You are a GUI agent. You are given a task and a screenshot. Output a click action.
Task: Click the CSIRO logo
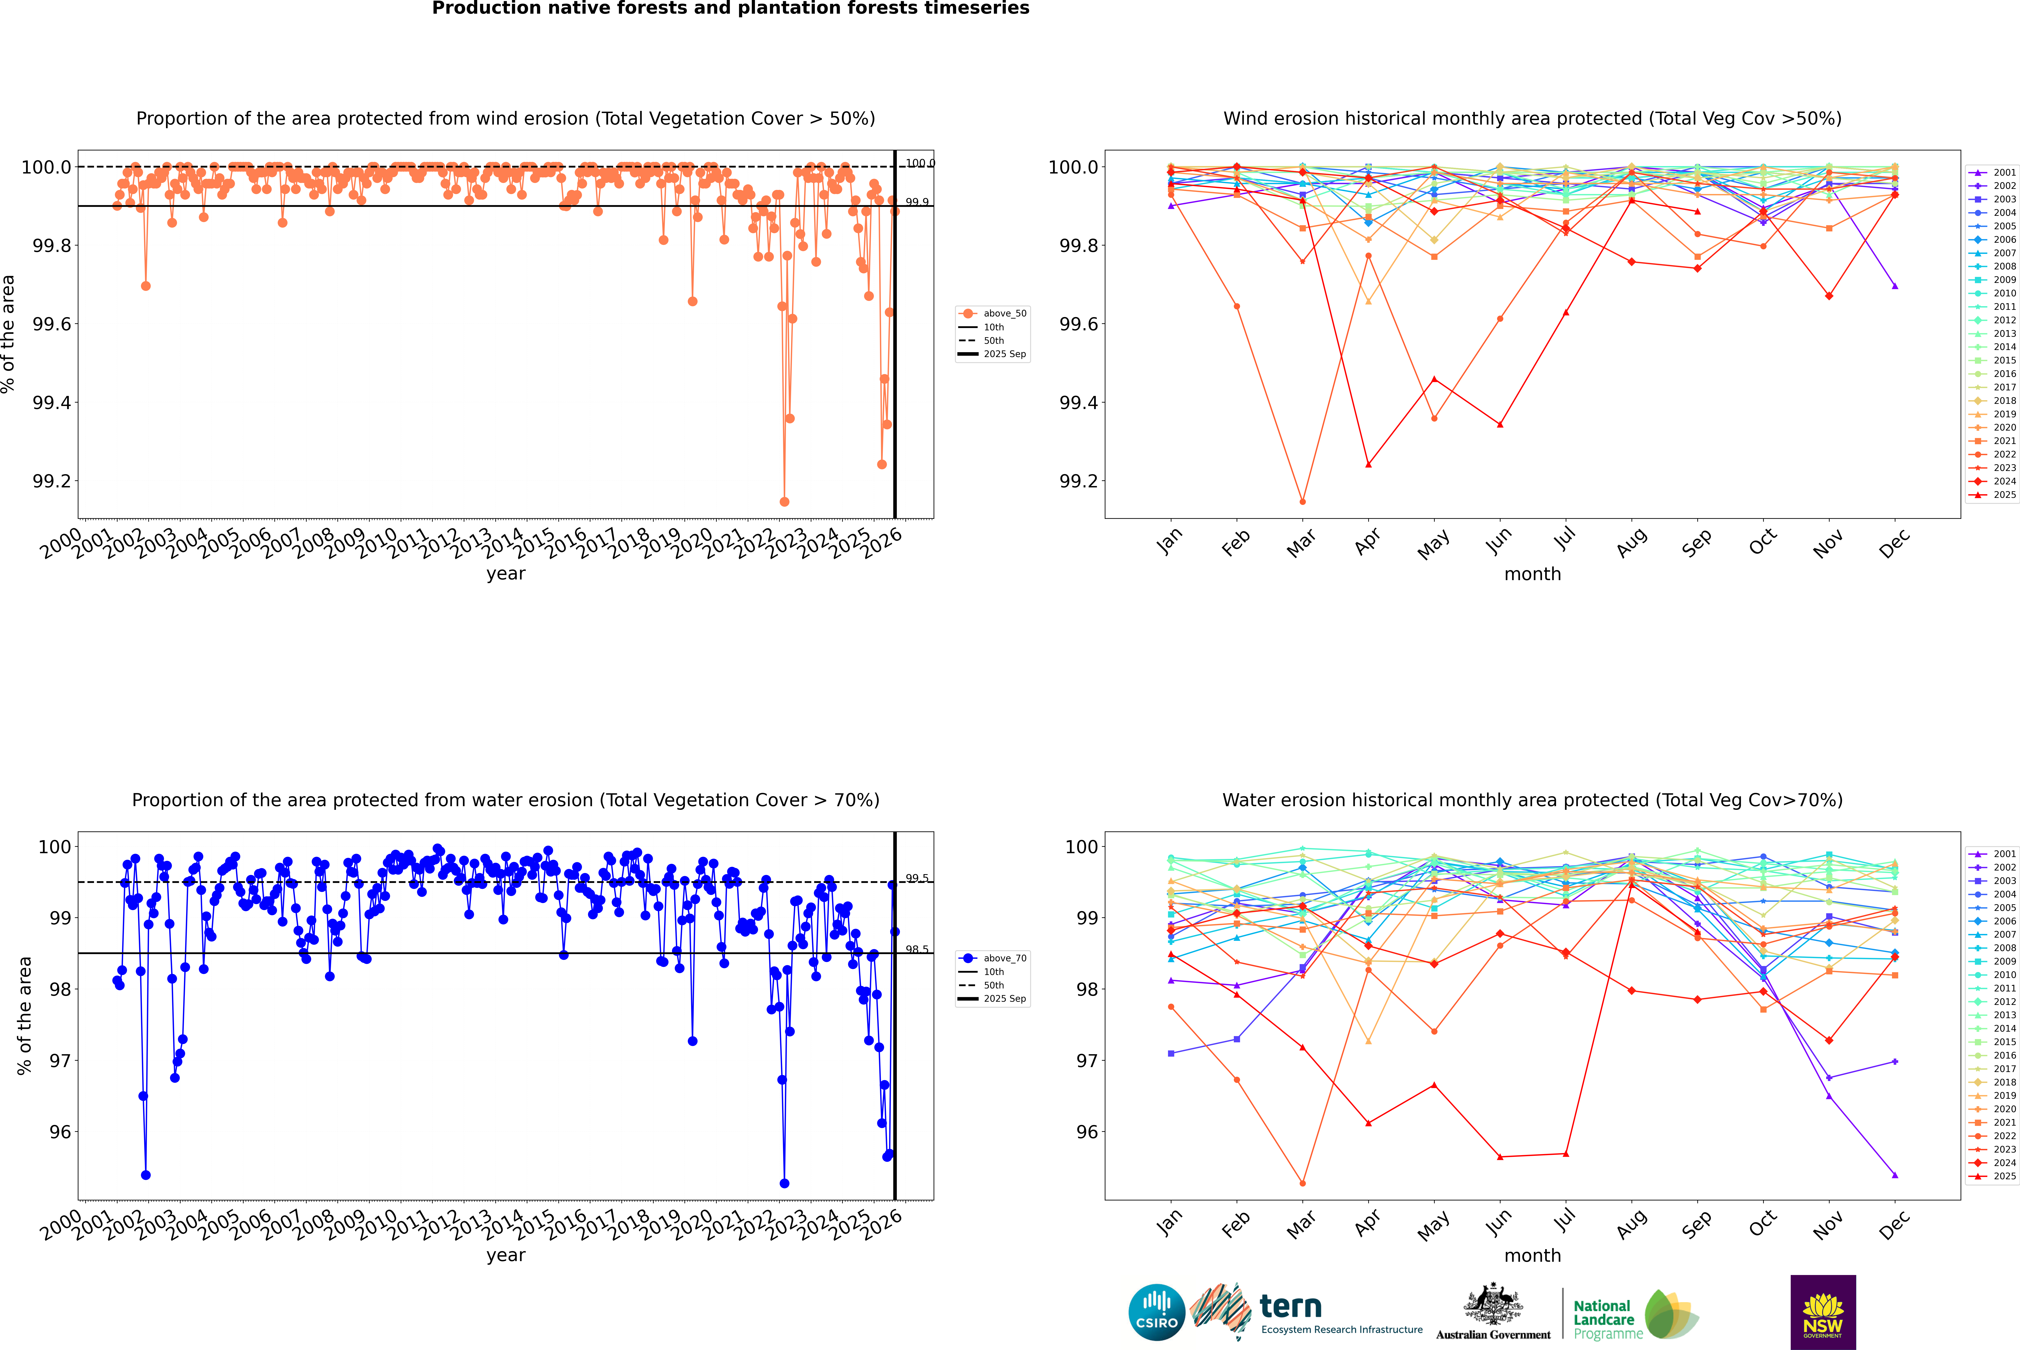1156,1312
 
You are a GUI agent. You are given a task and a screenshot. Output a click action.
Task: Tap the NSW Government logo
1823,1312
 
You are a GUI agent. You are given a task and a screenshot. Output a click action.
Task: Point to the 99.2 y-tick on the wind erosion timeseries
52,481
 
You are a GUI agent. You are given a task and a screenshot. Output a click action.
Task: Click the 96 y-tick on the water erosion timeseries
60,1132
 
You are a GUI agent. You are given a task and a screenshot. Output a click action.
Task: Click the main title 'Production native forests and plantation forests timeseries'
730,9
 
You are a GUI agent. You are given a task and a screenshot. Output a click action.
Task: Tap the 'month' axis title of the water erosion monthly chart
1532,1255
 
